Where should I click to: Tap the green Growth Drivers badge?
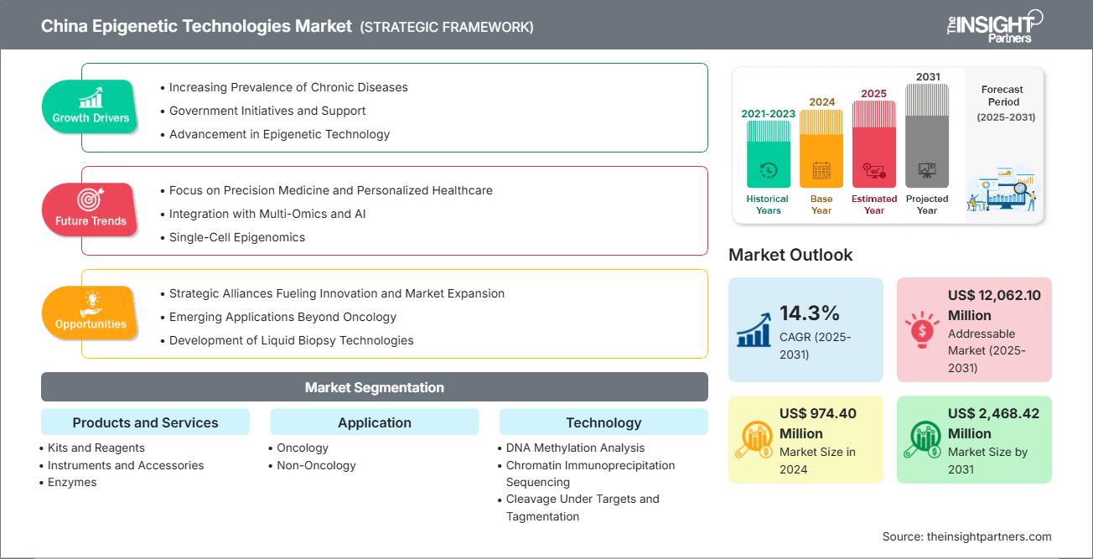[91, 106]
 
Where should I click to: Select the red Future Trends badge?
[90, 210]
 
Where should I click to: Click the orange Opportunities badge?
[91, 313]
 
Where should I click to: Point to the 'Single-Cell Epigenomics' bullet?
[237, 237]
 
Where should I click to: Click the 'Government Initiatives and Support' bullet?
[267, 111]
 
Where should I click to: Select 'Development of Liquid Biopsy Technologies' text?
[292, 340]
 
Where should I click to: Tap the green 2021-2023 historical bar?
[768, 154]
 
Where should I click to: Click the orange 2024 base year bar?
[821, 148]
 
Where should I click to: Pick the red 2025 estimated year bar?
[874, 143]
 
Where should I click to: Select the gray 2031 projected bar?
[927, 134]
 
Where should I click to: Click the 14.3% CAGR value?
[810, 313]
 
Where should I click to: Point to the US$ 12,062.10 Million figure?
[994, 305]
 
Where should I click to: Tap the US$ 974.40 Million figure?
[817, 423]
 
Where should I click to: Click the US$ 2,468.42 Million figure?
[994, 423]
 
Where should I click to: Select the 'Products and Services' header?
[145, 422]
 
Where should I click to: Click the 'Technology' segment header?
[603, 422]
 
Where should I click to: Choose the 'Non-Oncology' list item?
[316, 465]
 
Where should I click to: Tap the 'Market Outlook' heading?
[790, 255]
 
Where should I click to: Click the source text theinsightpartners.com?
[966, 536]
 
